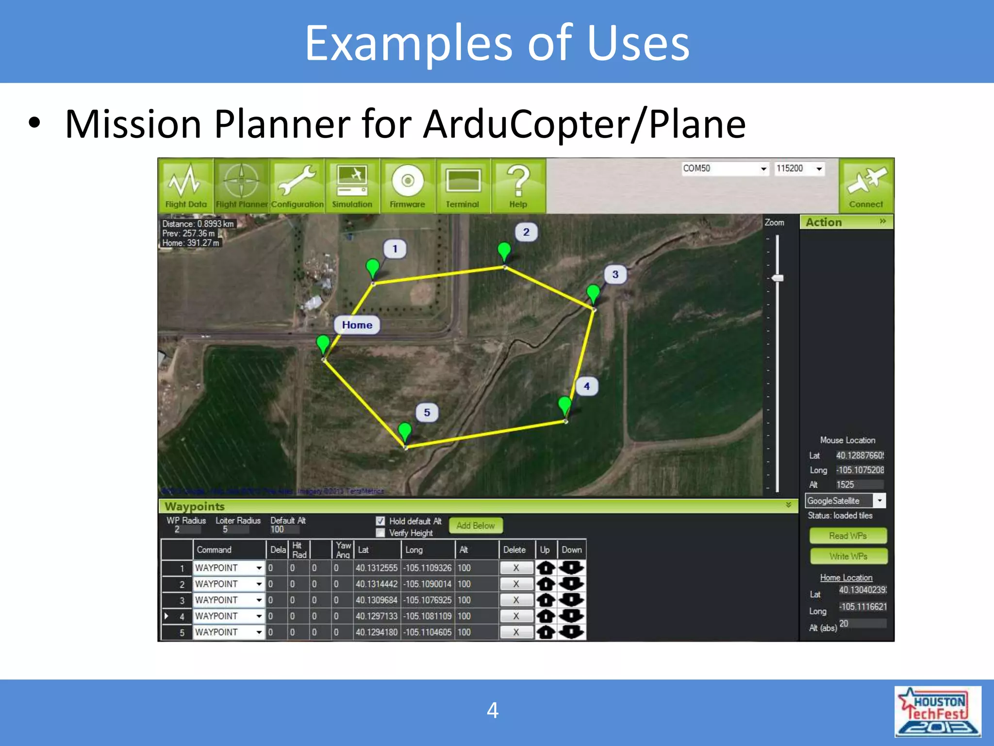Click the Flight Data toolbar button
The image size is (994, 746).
pos(186,186)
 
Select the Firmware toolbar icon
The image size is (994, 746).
pos(407,186)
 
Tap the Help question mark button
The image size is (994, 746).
pos(518,186)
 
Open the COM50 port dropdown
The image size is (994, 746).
pos(763,169)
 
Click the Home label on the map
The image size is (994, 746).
pos(357,325)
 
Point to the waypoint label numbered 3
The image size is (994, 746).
pos(615,274)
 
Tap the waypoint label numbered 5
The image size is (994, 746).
pos(427,412)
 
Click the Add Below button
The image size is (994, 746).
pos(475,526)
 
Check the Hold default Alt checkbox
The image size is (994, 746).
pos(381,521)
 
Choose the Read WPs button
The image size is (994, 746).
pos(848,536)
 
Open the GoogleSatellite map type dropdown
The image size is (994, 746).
pos(879,500)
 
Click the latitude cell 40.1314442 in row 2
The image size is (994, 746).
pos(376,584)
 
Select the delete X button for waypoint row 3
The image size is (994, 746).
pos(516,600)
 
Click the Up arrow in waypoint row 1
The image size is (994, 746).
pos(546,568)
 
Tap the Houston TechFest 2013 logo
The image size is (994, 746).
pos(937,712)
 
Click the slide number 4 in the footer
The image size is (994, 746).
pos(493,711)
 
